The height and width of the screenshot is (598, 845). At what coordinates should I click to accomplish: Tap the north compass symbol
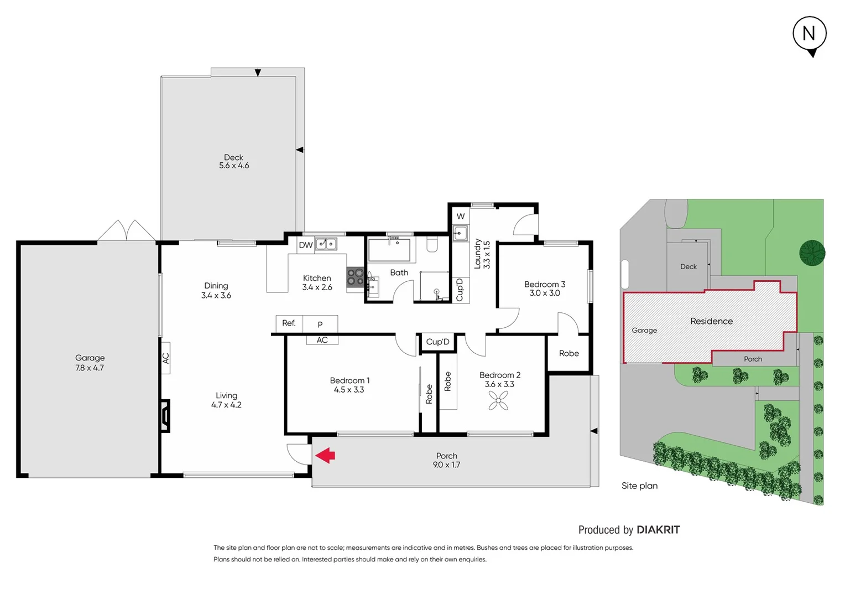tap(809, 34)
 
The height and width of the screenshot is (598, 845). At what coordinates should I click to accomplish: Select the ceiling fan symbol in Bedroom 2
tap(498, 400)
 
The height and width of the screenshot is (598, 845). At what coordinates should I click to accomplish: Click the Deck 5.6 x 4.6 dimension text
tap(234, 166)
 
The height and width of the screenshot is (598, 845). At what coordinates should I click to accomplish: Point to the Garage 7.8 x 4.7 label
tap(90, 363)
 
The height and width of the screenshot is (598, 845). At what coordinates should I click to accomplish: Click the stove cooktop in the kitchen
tap(355, 277)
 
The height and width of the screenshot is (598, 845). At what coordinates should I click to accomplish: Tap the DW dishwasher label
tap(306, 245)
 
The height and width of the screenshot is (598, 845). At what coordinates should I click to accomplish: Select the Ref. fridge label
tap(289, 323)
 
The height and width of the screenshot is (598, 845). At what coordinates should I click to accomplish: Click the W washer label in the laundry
tap(461, 216)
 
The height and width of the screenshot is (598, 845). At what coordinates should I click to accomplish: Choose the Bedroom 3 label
tap(545, 284)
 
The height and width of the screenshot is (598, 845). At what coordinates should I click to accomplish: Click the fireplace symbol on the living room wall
tap(165, 416)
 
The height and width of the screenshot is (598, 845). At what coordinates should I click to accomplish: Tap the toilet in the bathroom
tap(432, 244)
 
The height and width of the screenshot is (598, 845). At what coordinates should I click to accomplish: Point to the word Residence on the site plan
tap(711, 321)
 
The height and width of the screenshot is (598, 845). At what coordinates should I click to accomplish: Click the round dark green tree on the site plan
tap(812, 253)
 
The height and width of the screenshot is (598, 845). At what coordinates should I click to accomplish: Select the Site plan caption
tap(639, 486)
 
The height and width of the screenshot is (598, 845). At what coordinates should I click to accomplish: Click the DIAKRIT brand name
tap(658, 530)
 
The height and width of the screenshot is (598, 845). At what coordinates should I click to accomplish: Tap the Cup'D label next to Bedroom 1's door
tap(437, 342)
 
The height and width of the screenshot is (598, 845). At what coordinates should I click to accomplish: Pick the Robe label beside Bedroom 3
tap(568, 353)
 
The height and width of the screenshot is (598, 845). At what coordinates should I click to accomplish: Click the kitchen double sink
tap(326, 244)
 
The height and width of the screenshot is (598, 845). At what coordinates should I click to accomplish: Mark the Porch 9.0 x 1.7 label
tap(446, 460)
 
